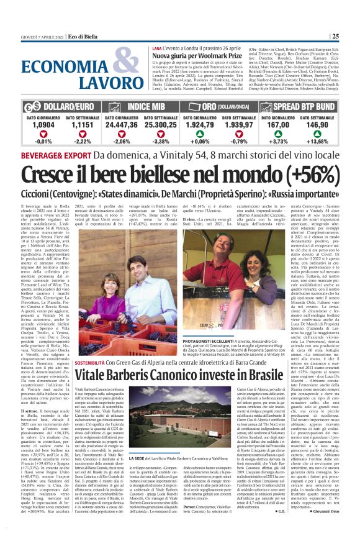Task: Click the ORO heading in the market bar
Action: click(209, 106)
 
